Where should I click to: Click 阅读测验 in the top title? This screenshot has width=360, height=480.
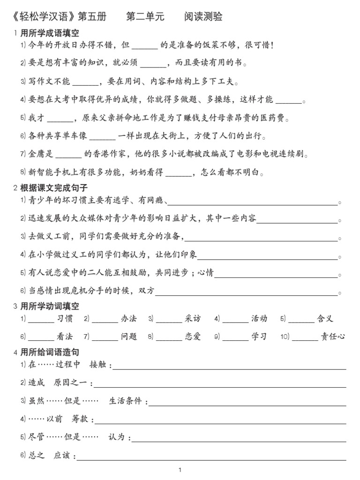[x=203, y=17]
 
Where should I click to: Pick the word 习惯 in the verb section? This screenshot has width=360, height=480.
[x=65, y=319]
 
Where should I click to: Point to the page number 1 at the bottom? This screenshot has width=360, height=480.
[x=180, y=470]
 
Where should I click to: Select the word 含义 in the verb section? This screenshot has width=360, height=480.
[x=325, y=319]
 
